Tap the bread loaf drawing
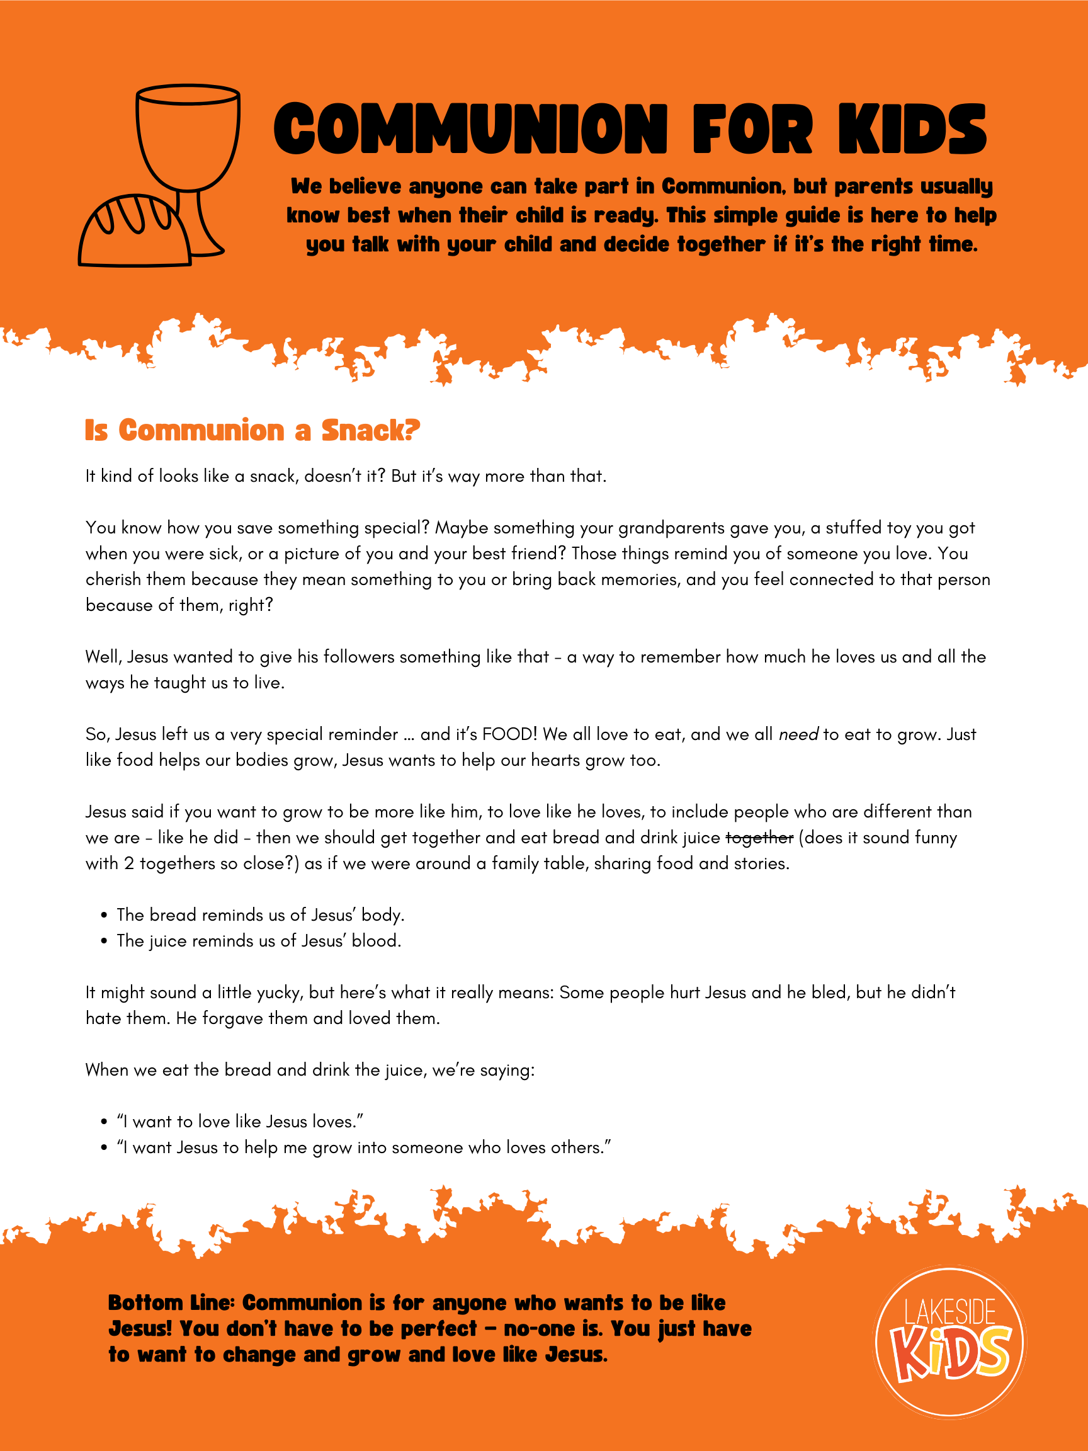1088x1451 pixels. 131,233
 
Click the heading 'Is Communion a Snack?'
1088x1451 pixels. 252,430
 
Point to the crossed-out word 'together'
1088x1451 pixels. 759,838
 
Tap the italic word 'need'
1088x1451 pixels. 798,735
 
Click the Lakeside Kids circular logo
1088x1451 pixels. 949,1340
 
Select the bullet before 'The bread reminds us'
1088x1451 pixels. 104,916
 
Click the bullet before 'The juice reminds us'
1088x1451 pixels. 104,942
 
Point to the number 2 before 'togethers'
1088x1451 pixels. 128,863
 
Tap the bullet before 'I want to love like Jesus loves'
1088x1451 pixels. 104,1122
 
